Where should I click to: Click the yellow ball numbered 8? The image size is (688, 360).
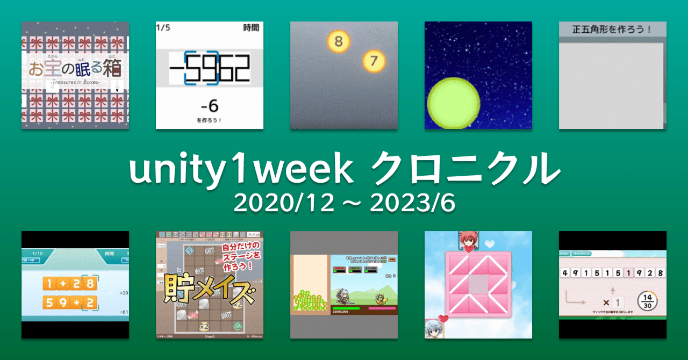point(338,41)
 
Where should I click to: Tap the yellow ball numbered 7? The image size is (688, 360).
point(374,62)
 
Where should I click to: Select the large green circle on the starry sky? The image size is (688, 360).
point(453,104)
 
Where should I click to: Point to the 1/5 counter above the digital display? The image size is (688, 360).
point(163,27)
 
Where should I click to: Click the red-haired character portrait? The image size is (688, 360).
point(468,240)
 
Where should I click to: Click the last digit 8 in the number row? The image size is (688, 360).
point(660,272)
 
